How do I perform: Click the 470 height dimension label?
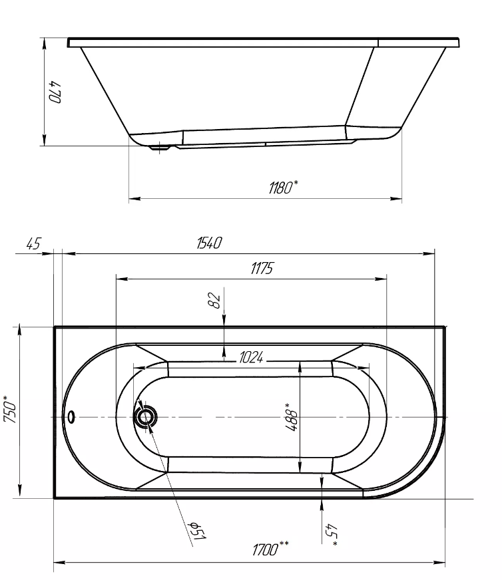[x=56, y=92]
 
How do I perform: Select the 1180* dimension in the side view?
[x=283, y=188]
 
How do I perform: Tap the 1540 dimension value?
[x=209, y=243]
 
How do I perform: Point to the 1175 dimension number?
[x=262, y=268]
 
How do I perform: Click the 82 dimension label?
[x=215, y=300]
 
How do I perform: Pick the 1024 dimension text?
[x=251, y=358]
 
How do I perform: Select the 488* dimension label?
[x=292, y=417]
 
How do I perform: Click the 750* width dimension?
[x=10, y=409]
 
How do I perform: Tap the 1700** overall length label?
[x=270, y=549]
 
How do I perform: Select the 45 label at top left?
[x=33, y=243]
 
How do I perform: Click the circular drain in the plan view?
[x=146, y=417]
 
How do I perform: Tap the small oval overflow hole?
[x=71, y=417]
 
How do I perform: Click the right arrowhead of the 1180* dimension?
[x=396, y=199]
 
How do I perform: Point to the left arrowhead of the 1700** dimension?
[x=60, y=563]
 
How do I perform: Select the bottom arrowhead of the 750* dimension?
[x=19, y=492]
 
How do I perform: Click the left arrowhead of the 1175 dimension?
[x=122, y=279]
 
